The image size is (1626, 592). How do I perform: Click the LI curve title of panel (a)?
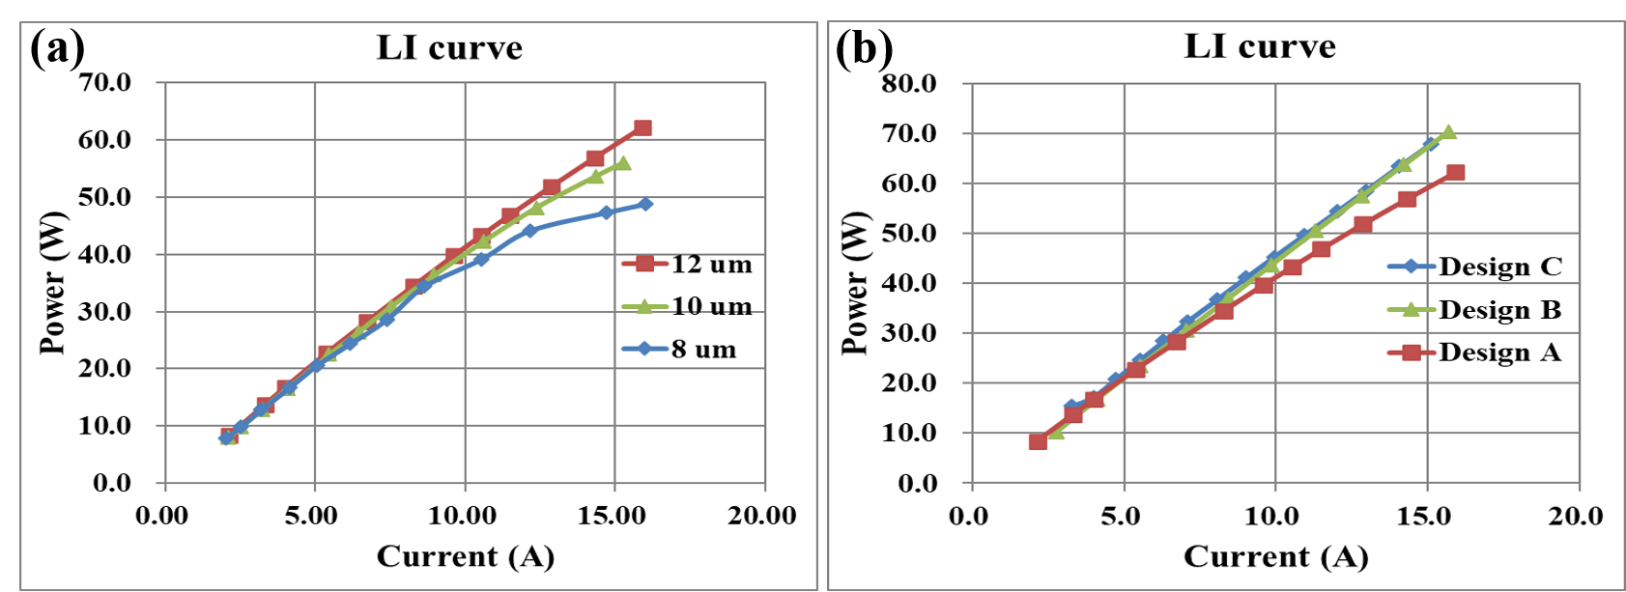coord(449,48)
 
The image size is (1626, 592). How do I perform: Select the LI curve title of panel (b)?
coord(1260,46)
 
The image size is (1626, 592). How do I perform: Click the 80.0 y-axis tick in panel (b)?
coord(909,84)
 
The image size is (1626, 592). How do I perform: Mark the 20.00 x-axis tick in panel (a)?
coord(763,516)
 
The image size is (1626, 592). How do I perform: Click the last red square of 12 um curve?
coord(642,128)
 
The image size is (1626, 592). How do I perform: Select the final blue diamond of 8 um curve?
coord(645,204)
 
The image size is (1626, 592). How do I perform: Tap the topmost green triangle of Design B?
coord(1447,132)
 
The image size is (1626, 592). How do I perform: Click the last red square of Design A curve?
coord(1455,173)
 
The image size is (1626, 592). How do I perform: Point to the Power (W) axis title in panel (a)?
coord(52,282)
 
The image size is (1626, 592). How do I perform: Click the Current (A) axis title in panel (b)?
coord(1275,557)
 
